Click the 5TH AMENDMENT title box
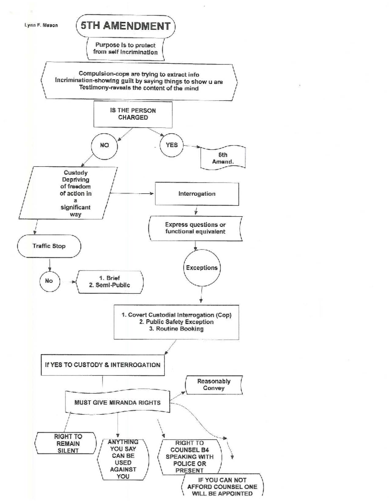coord(125,26)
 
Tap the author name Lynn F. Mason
coord(41,25)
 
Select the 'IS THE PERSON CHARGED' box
coord(133,114)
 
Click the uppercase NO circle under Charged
coord(104,145)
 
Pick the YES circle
coord(172,145)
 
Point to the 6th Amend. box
coord(223,158)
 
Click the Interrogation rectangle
coord(197,194)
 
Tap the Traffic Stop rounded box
coord(49,246)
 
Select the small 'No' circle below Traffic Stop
coord(49,281)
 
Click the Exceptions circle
coord(201,268)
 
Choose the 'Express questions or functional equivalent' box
coord(195,228)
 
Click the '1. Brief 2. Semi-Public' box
coord(110,282)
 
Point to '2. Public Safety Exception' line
coord(176,322)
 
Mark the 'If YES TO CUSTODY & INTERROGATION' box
coord(103,365)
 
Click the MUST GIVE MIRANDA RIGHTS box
coord(117,402)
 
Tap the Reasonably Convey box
coord(214,385)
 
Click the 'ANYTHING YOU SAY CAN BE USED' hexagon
coord(123,459)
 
